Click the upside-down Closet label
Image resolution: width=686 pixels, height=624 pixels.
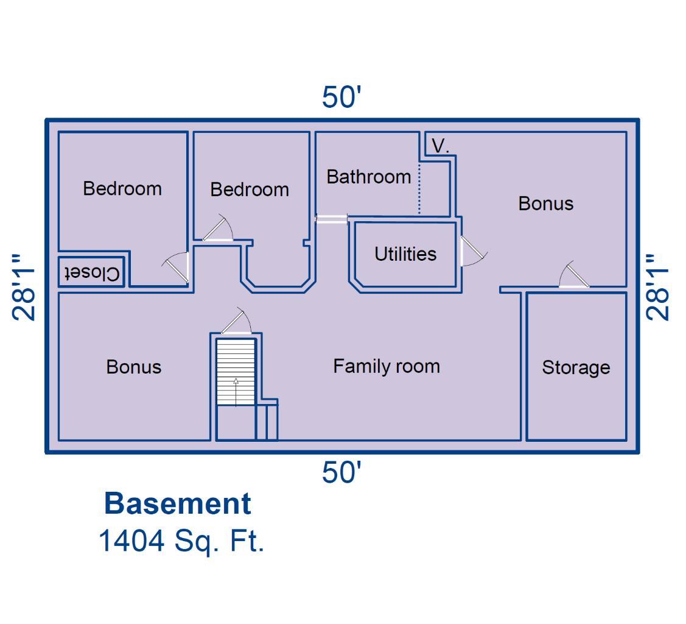coord(93,274)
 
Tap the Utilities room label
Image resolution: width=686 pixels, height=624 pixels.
coord(405,254)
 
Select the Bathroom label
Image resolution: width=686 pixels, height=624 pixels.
coord(369,177)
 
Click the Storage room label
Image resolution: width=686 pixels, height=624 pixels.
coord(576,368)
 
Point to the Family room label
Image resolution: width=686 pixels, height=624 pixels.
coord(387,366)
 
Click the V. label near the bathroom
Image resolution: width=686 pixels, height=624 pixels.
coord(440,146)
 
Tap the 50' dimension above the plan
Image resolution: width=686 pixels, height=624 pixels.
coord(341,97)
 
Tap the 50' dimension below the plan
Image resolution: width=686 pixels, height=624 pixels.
coord(341,472)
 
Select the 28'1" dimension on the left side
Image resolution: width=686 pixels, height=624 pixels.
coord(24,287)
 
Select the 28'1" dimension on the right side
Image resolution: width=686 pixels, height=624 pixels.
coord(658,287)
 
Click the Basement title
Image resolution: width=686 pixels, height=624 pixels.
coord(178,503)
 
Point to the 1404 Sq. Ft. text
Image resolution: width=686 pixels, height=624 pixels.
coord(181,541)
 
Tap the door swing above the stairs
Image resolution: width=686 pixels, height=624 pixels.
coord(237,321)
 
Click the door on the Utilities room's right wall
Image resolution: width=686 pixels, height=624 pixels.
coord(474,251)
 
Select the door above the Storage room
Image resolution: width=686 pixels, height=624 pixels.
coord(574,275)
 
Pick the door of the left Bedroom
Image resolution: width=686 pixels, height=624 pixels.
coord(177,267)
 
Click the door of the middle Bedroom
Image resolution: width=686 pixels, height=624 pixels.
coord(218,228)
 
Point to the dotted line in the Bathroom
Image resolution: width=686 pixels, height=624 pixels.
coord(419,189)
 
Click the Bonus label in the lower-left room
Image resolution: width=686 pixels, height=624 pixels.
coord(134,367)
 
